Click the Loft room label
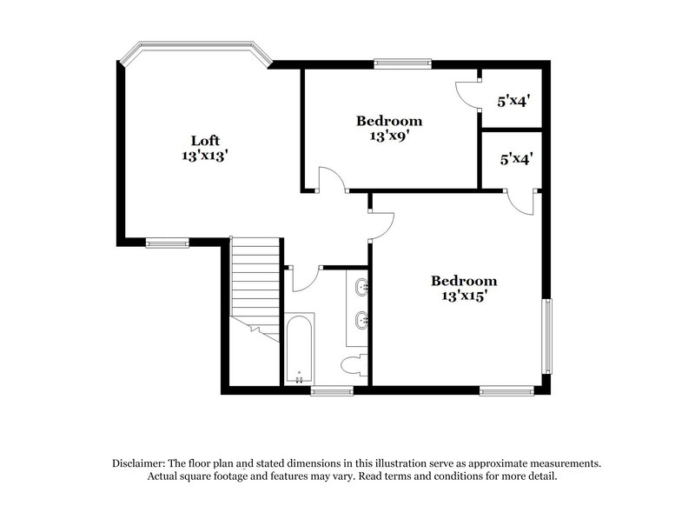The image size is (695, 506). click(x=206, y=140)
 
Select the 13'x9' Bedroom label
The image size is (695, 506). click(x=388, y=121)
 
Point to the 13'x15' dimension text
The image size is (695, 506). click(x=464, y=296)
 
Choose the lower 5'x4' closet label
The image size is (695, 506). click(x=515, y=159)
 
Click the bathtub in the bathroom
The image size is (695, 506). click(x=299, y=349)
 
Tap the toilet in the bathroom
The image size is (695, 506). click(x=354, y=363)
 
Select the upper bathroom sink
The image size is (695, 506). click(x=361, y=287)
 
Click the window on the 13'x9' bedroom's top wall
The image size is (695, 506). click(x=402, y=62)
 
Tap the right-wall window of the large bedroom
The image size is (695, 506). click(x=547, y=335)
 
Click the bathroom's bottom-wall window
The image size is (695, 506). click(x=326, y=391)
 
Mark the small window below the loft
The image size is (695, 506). click(x=161, y=243)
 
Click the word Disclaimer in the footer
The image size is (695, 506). click(x=141, y=464)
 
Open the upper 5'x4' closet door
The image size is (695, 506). click(x=467, y=90)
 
